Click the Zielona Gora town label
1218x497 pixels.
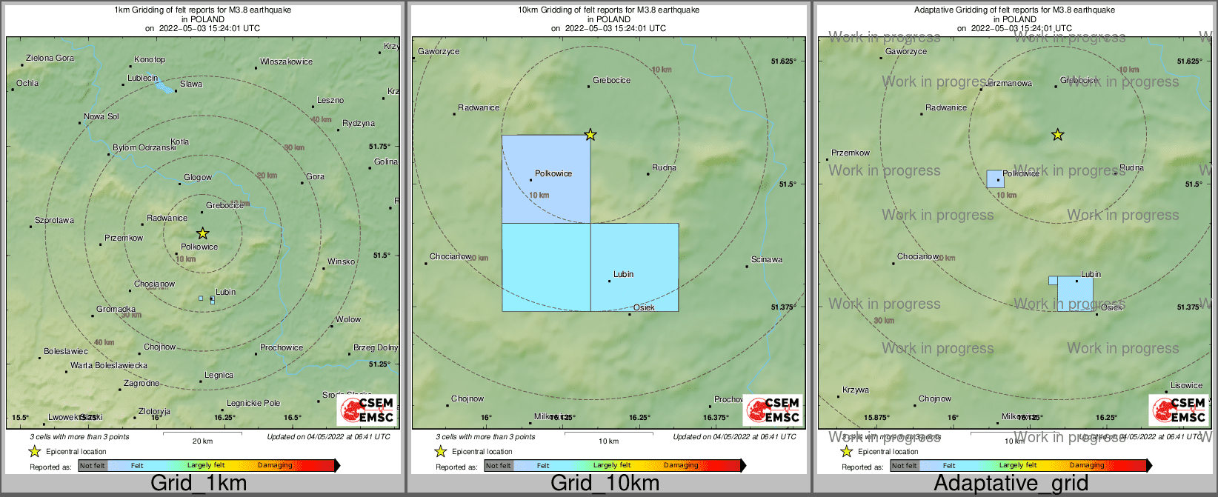click(50, 58)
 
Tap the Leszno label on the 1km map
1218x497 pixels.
click(330, 100)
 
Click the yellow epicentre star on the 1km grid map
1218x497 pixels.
click(203, 233)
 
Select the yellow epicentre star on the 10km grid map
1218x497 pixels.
click(590, 134)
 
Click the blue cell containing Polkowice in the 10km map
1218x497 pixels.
click(546, 179)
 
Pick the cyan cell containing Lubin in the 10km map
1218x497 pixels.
click(634, 267)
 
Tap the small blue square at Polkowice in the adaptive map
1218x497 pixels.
click(995, 179)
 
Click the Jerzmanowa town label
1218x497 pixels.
click(1008, 84)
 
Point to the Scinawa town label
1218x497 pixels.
click(767, 259)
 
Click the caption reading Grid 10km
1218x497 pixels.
click(605, 484)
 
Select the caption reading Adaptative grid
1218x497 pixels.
click(1011, 484)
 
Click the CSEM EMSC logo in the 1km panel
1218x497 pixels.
click(367, 410)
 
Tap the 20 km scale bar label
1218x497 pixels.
click(202, 441)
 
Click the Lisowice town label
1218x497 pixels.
click(1186, 385)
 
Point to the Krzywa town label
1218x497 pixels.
click(856, 390)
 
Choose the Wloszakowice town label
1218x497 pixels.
click(286, 61)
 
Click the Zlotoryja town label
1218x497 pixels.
click(154, 411)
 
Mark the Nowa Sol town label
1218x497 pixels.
click(101, 116)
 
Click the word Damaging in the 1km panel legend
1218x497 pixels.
click(275, 465)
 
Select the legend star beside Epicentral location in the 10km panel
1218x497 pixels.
click(441, 451)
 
